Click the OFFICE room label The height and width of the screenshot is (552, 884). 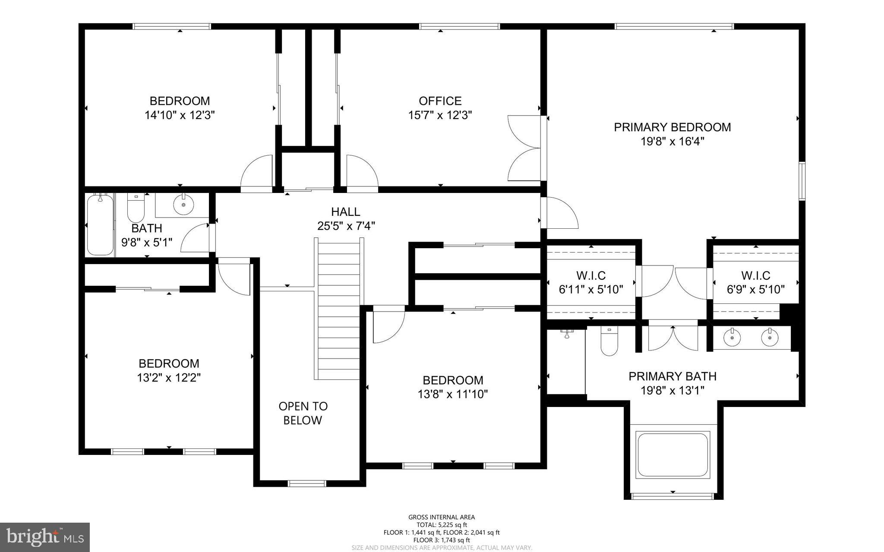pyautogui.click(x=440, y=101)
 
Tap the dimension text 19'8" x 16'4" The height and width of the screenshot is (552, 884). pyautogui.click(x=672, y=142)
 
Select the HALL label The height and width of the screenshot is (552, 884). pyautogui.click(x=345, y=212)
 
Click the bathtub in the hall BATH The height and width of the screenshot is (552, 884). pyautogui.click(x=100, y=225)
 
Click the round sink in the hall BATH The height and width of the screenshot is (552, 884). pyautogui.click(x=183, y=204)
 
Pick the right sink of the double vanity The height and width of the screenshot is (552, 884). pyautogui.click(x=769, y=337)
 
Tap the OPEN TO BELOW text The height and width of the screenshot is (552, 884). pyautogui.click(x=303, y=413)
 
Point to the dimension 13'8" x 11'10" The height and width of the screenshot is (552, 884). pyautogui.click(x=452, y=394)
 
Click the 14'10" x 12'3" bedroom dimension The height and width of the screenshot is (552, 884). pyautogui.click(x=180, y=115)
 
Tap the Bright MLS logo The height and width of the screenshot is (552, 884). pyautogui.click(x=45, y=537)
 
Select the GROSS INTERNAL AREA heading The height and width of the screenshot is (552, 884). pyautogui.click(x=442, y=517)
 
